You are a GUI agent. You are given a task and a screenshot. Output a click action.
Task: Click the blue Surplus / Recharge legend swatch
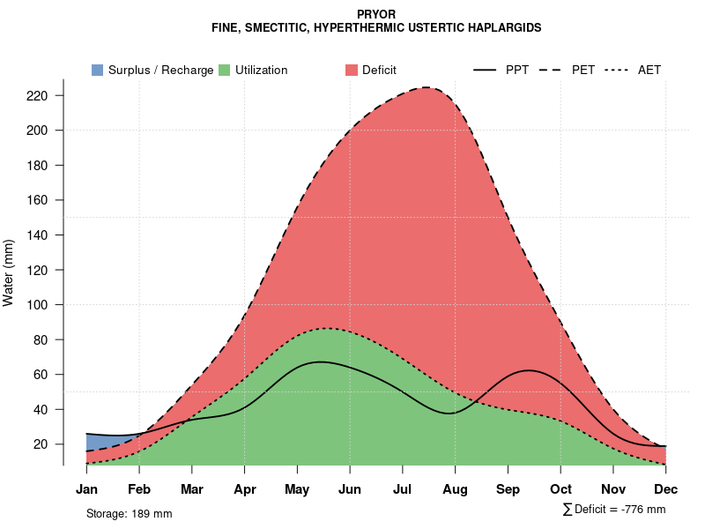pyautogui.click(x=98, y=70)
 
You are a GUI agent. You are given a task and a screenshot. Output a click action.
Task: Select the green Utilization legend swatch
pyautogui.click(x=225, y=70)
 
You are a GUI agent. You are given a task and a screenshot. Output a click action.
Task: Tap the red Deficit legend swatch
pyautogui.click(x=352, y=70)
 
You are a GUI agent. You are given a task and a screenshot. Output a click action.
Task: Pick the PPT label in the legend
pyautogui.click(x=517, y=70)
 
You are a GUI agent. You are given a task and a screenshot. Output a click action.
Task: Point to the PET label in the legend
pyautogui.click(x=583, y=70)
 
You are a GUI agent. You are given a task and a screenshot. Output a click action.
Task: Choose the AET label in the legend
pyautogui.click(x=649, y=70)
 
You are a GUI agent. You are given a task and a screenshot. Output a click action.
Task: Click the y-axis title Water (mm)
pyautogui.click(x=9, y=272)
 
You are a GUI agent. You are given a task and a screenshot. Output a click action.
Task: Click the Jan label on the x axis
pyautogui.click(x=86, y=489)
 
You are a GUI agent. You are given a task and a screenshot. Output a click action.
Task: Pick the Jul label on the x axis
pyautogui.click(x=403, y=489)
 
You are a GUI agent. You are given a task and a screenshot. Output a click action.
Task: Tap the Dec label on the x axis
pyautogui.click(x=666, y=489)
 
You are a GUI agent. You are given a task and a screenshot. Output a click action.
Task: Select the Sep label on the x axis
pyautogui.click(x=508, y=489)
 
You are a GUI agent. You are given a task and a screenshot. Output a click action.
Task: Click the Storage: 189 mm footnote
pyautogui.click(x=129, y=513)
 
